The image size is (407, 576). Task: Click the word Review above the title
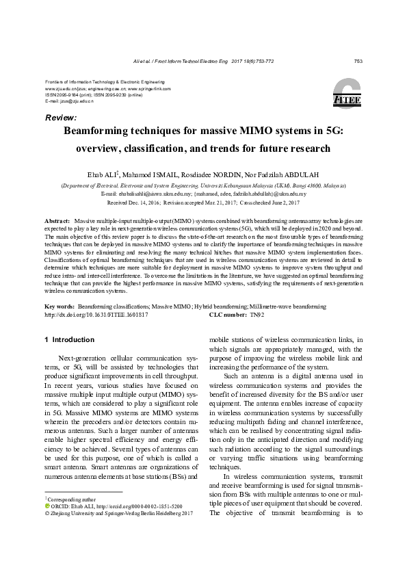pos(60,118)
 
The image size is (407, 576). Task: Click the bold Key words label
pos(59,308)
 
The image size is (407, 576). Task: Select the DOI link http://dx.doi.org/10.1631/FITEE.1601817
pos(96,315)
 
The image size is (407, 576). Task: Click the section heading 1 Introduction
pos(69,339)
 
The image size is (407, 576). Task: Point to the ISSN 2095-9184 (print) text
pos(63,94)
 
